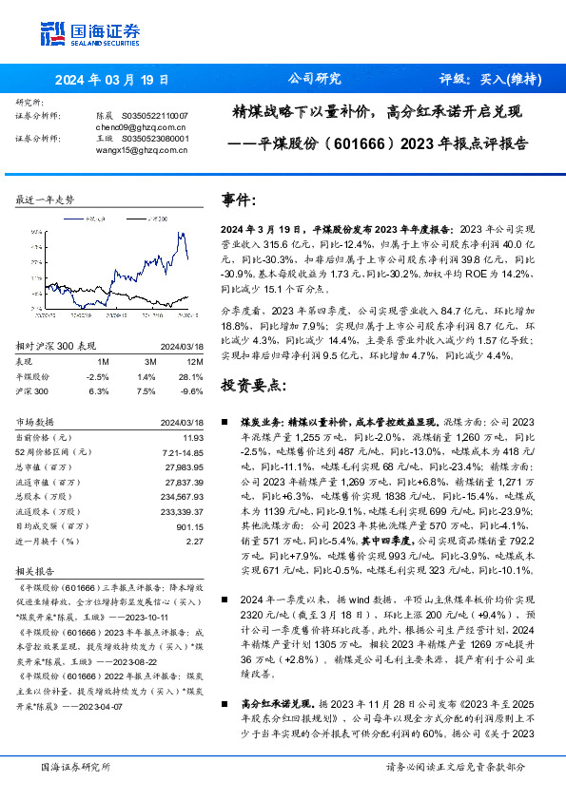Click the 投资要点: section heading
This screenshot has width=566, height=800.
(x=252, y=386)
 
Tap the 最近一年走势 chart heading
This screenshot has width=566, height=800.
(x=45, y=200)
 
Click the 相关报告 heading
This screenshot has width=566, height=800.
(x=34, y=572)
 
